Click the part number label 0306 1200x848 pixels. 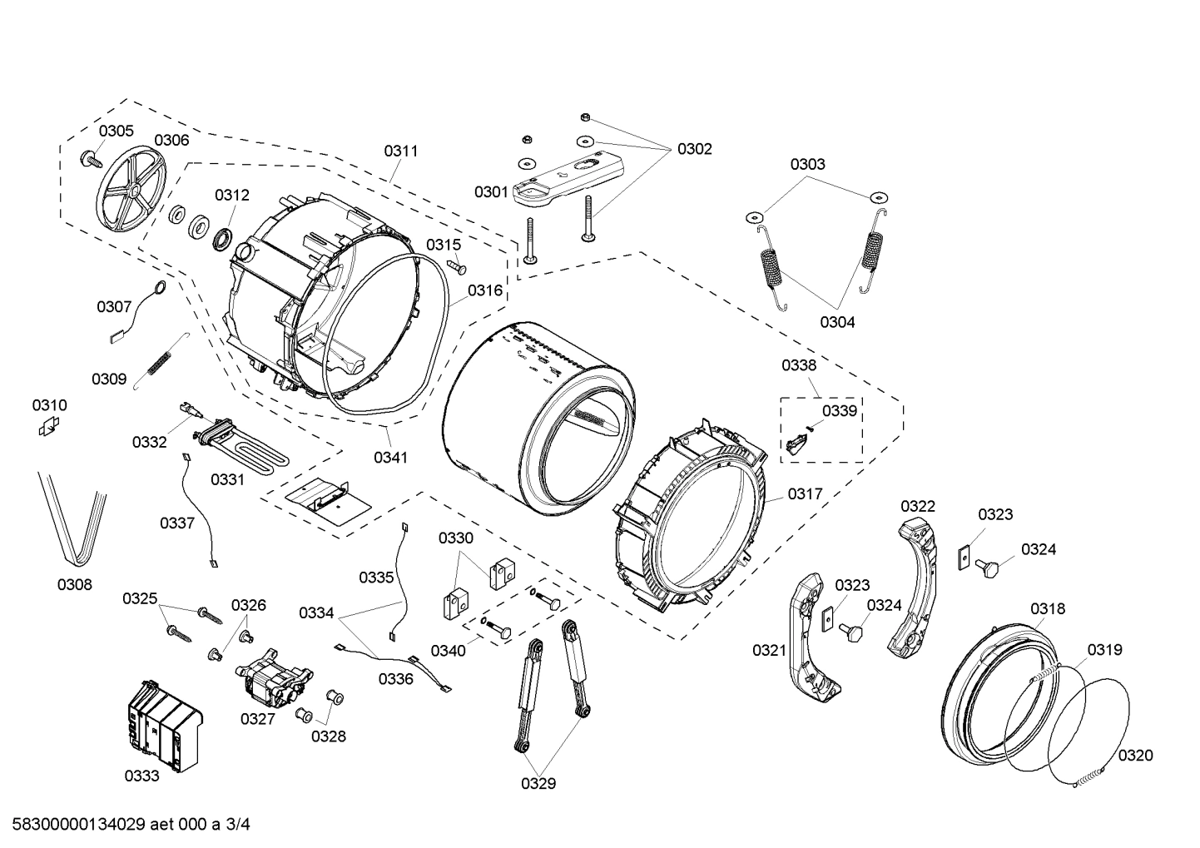point(171,141)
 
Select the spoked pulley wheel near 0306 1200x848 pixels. point(131,191)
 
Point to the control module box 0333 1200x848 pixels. point(163,722)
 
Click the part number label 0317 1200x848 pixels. point(805,493)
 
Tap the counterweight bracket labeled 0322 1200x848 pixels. point(915,586)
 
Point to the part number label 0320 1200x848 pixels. point(1135,755)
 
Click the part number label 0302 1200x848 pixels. point(694,149)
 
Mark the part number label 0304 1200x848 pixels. point(836,322)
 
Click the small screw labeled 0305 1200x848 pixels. point(89,158)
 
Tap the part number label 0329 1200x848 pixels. point(538,783)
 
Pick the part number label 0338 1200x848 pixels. point(798,364)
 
